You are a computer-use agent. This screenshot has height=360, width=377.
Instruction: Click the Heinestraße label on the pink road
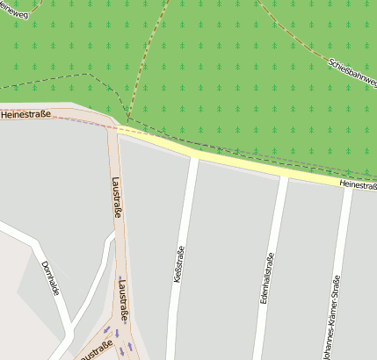click(x=25, y=114)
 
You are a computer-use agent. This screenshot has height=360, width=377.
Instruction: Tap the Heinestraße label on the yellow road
click(x=358, y=185)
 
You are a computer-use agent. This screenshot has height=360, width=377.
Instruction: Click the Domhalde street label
click(x=49, y=277)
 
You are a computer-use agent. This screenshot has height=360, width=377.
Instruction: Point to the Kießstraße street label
click(x=180, y=264)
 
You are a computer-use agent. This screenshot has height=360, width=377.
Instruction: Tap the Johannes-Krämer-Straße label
click(x=330, y=318)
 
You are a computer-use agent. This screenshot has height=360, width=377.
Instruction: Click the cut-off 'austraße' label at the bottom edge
click(x=94, y=352)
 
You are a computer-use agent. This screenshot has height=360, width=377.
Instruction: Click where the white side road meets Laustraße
click(x=116, y=234)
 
